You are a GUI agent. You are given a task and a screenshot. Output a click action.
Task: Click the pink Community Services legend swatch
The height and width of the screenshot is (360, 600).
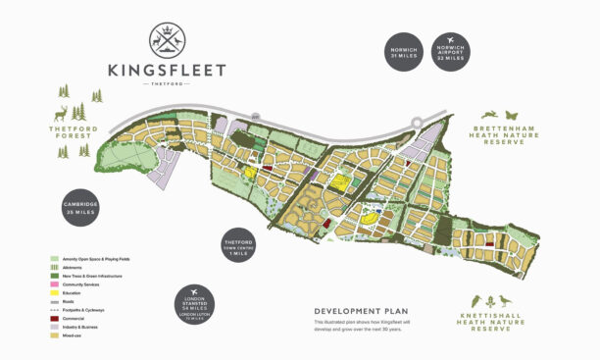coord(54,284)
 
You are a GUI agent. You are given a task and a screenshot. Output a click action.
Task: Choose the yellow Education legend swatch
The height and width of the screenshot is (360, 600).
coord(54,292)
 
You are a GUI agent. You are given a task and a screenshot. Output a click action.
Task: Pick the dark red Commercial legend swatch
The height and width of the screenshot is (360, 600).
coord(54,319)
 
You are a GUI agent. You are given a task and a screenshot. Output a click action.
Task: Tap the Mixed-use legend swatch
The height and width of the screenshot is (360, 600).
coord(54,335)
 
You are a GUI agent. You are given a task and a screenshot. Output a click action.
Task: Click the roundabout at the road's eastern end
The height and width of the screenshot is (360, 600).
coord(418,122)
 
